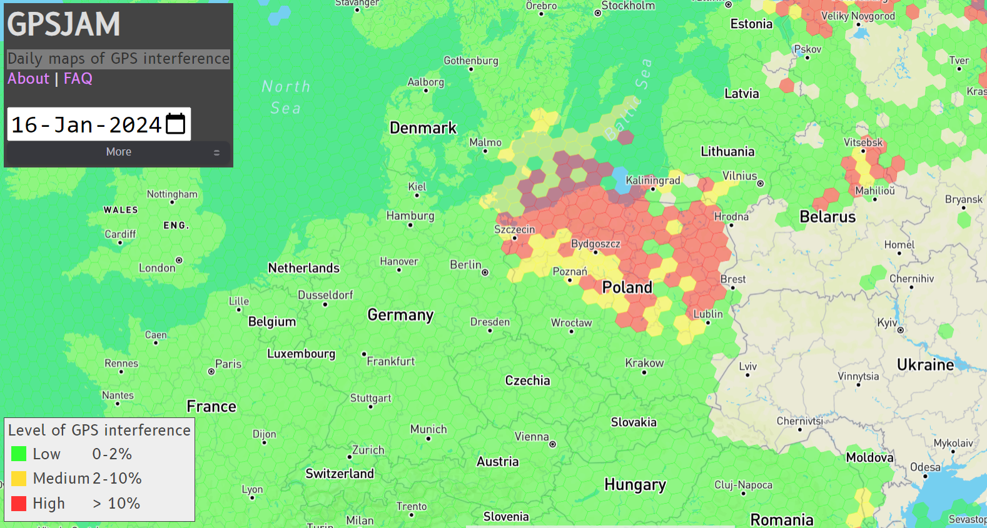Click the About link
[28, 79]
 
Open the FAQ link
[78, 79]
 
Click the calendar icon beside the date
[175, 124]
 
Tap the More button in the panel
[118, 152]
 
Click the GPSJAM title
[64, 25]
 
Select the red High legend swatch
[19, 504]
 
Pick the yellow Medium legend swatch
[19, 479]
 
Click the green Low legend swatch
[19, 454]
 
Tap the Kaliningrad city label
[652, 181]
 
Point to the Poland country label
[627, 287]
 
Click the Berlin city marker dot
[485, 272]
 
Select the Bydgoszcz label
[595, 244]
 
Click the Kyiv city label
[887, 322]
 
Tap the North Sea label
[286, 97]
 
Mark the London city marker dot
[179, 261]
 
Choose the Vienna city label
[532, 437]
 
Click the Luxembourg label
[301, 354]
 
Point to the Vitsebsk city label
[863, 142]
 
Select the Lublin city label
[707, 314]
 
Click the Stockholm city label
[628, 6]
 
